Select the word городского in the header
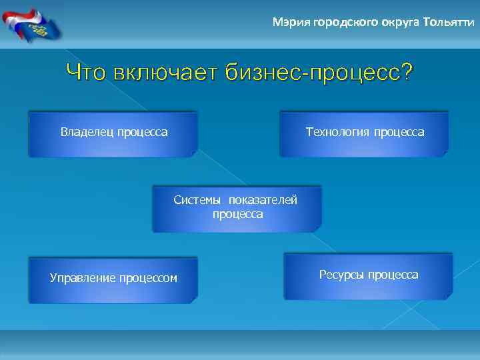click(x=339, y=23)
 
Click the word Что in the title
click(x=87, y=72)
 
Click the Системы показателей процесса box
click(x=237, y=209)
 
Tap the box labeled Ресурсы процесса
click(x=368, y=276)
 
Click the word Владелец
click(x=87, y=132)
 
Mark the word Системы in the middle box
click(x=197, y=200)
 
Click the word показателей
click(x=263, y=200)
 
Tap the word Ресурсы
click(x=342, y=275)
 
